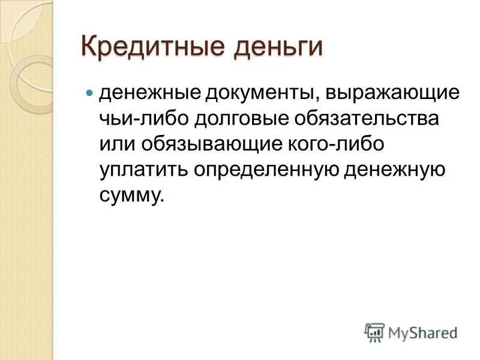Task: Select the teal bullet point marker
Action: [x=90, y=94]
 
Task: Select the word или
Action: [x=118, y=145]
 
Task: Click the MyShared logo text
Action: [x=422, y=332]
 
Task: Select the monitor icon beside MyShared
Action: [x=374, y=331]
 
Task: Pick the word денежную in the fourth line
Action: [x=395, y=170]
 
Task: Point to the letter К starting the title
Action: [x=89, y=47]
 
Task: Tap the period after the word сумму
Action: [x=160, y=201]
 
